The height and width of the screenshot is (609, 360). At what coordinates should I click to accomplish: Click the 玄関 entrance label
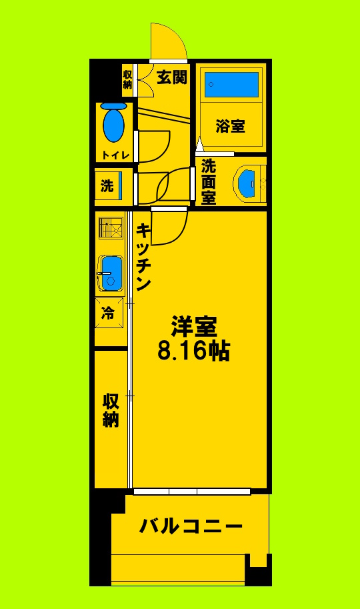click(x=171, y=77)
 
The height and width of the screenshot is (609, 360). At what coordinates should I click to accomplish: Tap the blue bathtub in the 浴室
click(x=231, y=85)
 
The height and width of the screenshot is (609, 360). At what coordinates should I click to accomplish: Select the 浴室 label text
click(x=231, y=126)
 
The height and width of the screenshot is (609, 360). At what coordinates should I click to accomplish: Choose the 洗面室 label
click(x=209, y=181)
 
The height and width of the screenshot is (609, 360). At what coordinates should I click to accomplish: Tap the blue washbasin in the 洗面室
click(x=246, y=181)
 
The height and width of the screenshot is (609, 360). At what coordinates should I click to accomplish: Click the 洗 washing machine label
click(x=107, y=186)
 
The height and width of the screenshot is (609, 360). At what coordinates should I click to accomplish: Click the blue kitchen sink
click(x=110, y=272)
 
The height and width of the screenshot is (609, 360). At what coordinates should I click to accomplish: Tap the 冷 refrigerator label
click(x=108, y=312)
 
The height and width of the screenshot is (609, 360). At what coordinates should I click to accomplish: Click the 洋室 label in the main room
click(x=193, y=326)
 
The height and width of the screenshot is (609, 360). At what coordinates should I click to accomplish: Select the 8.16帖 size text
click(x=193, y=350)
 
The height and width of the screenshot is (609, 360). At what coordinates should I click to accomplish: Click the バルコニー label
click(x=190, y=527)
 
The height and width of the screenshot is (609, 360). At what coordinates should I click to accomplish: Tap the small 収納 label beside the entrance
click(x=127, y=78)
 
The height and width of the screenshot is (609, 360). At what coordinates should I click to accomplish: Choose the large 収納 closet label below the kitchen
click(x=111, y=410)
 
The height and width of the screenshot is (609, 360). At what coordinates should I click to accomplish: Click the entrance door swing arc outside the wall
click(x=167, y=40)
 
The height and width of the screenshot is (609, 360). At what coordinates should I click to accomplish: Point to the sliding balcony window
click(x=192, y=492)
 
